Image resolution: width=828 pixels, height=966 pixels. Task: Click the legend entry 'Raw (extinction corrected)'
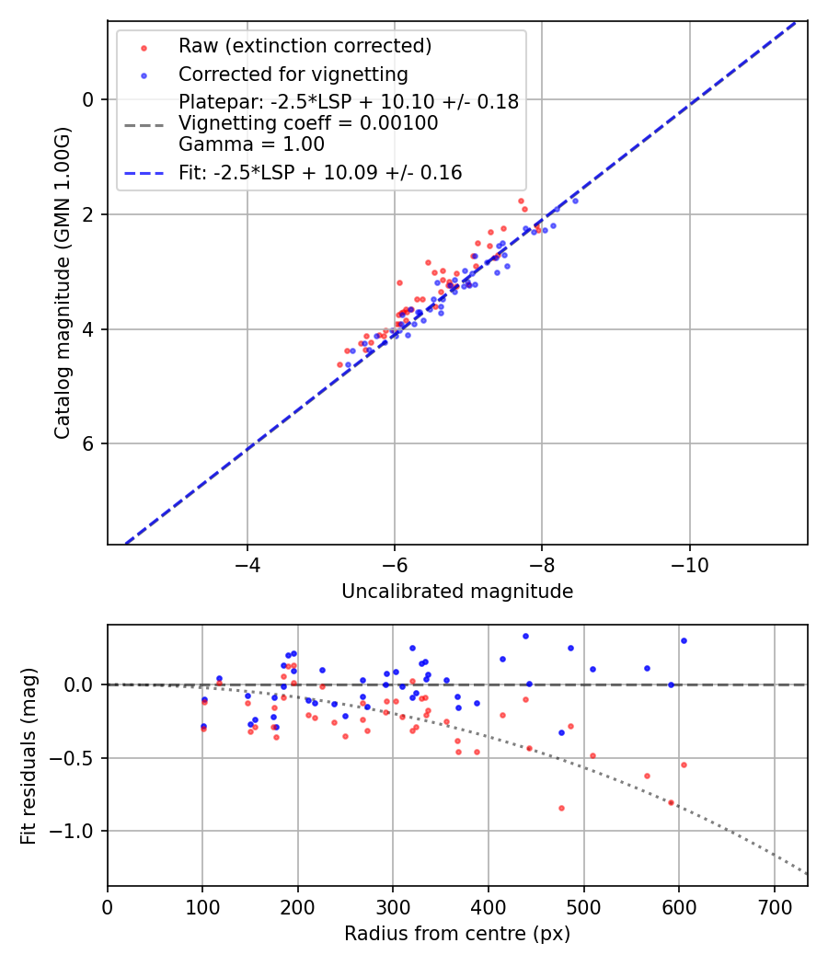[305, 46]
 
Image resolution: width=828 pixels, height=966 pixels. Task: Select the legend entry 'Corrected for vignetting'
[293, 74]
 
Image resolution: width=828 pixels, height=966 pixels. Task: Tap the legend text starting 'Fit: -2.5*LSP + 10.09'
[320, 172]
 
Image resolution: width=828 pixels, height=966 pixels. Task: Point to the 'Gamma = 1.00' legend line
[251, 144]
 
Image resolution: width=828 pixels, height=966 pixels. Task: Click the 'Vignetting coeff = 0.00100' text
[308, 123]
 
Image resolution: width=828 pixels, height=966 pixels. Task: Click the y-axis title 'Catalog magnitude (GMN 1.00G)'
[62, 284]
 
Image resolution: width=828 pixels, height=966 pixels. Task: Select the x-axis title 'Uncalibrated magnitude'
[457, 592]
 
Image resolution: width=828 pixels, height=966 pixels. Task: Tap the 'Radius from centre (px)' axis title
[457, 934]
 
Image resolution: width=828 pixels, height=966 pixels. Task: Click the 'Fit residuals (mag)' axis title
[29, 755]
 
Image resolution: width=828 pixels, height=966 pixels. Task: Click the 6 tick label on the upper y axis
[88, 443]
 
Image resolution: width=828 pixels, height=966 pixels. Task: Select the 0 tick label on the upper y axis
[88, 99]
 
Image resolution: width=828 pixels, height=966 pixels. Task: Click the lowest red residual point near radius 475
[561, 808]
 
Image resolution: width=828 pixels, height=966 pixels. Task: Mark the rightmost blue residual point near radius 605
[684, 640]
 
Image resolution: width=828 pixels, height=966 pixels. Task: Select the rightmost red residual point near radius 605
[684, 765]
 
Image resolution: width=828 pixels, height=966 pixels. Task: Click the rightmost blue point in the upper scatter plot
[575, 201]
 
